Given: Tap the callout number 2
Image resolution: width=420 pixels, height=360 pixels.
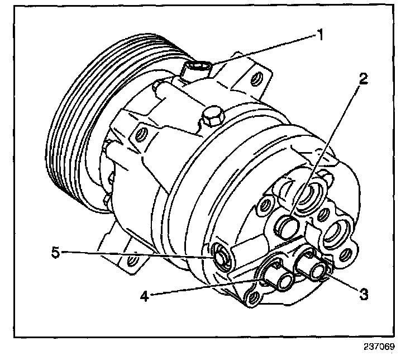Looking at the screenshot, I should point(364,79).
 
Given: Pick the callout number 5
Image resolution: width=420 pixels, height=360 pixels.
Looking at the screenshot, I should point(55,252).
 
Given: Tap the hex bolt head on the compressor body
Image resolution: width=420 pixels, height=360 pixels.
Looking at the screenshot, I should point(212,117).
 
